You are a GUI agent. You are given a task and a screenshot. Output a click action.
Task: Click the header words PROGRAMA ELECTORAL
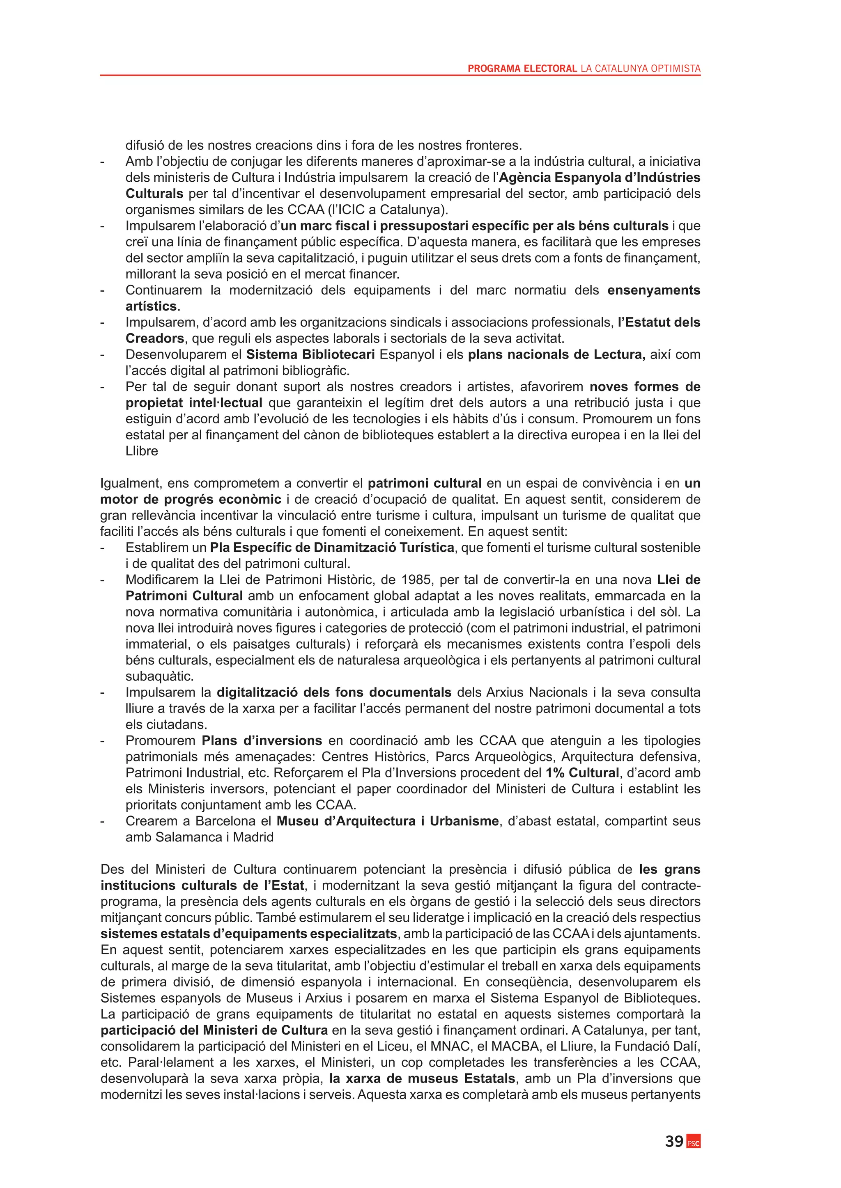click(x=522, y=68)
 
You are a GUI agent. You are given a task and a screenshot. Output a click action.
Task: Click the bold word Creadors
click(x=155, y=338)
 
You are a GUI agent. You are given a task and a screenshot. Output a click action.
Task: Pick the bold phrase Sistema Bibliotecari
click(x=310, y=354)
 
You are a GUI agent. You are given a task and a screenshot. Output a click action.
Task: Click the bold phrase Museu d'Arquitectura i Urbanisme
click(x=387, y=821)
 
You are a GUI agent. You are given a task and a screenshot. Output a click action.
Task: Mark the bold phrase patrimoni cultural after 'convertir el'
click(x=425, y=483)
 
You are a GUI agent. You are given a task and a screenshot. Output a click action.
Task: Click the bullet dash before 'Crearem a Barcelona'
click(x=103, y=822)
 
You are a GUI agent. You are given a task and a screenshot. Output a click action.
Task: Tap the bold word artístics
click(x=151, y=306)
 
